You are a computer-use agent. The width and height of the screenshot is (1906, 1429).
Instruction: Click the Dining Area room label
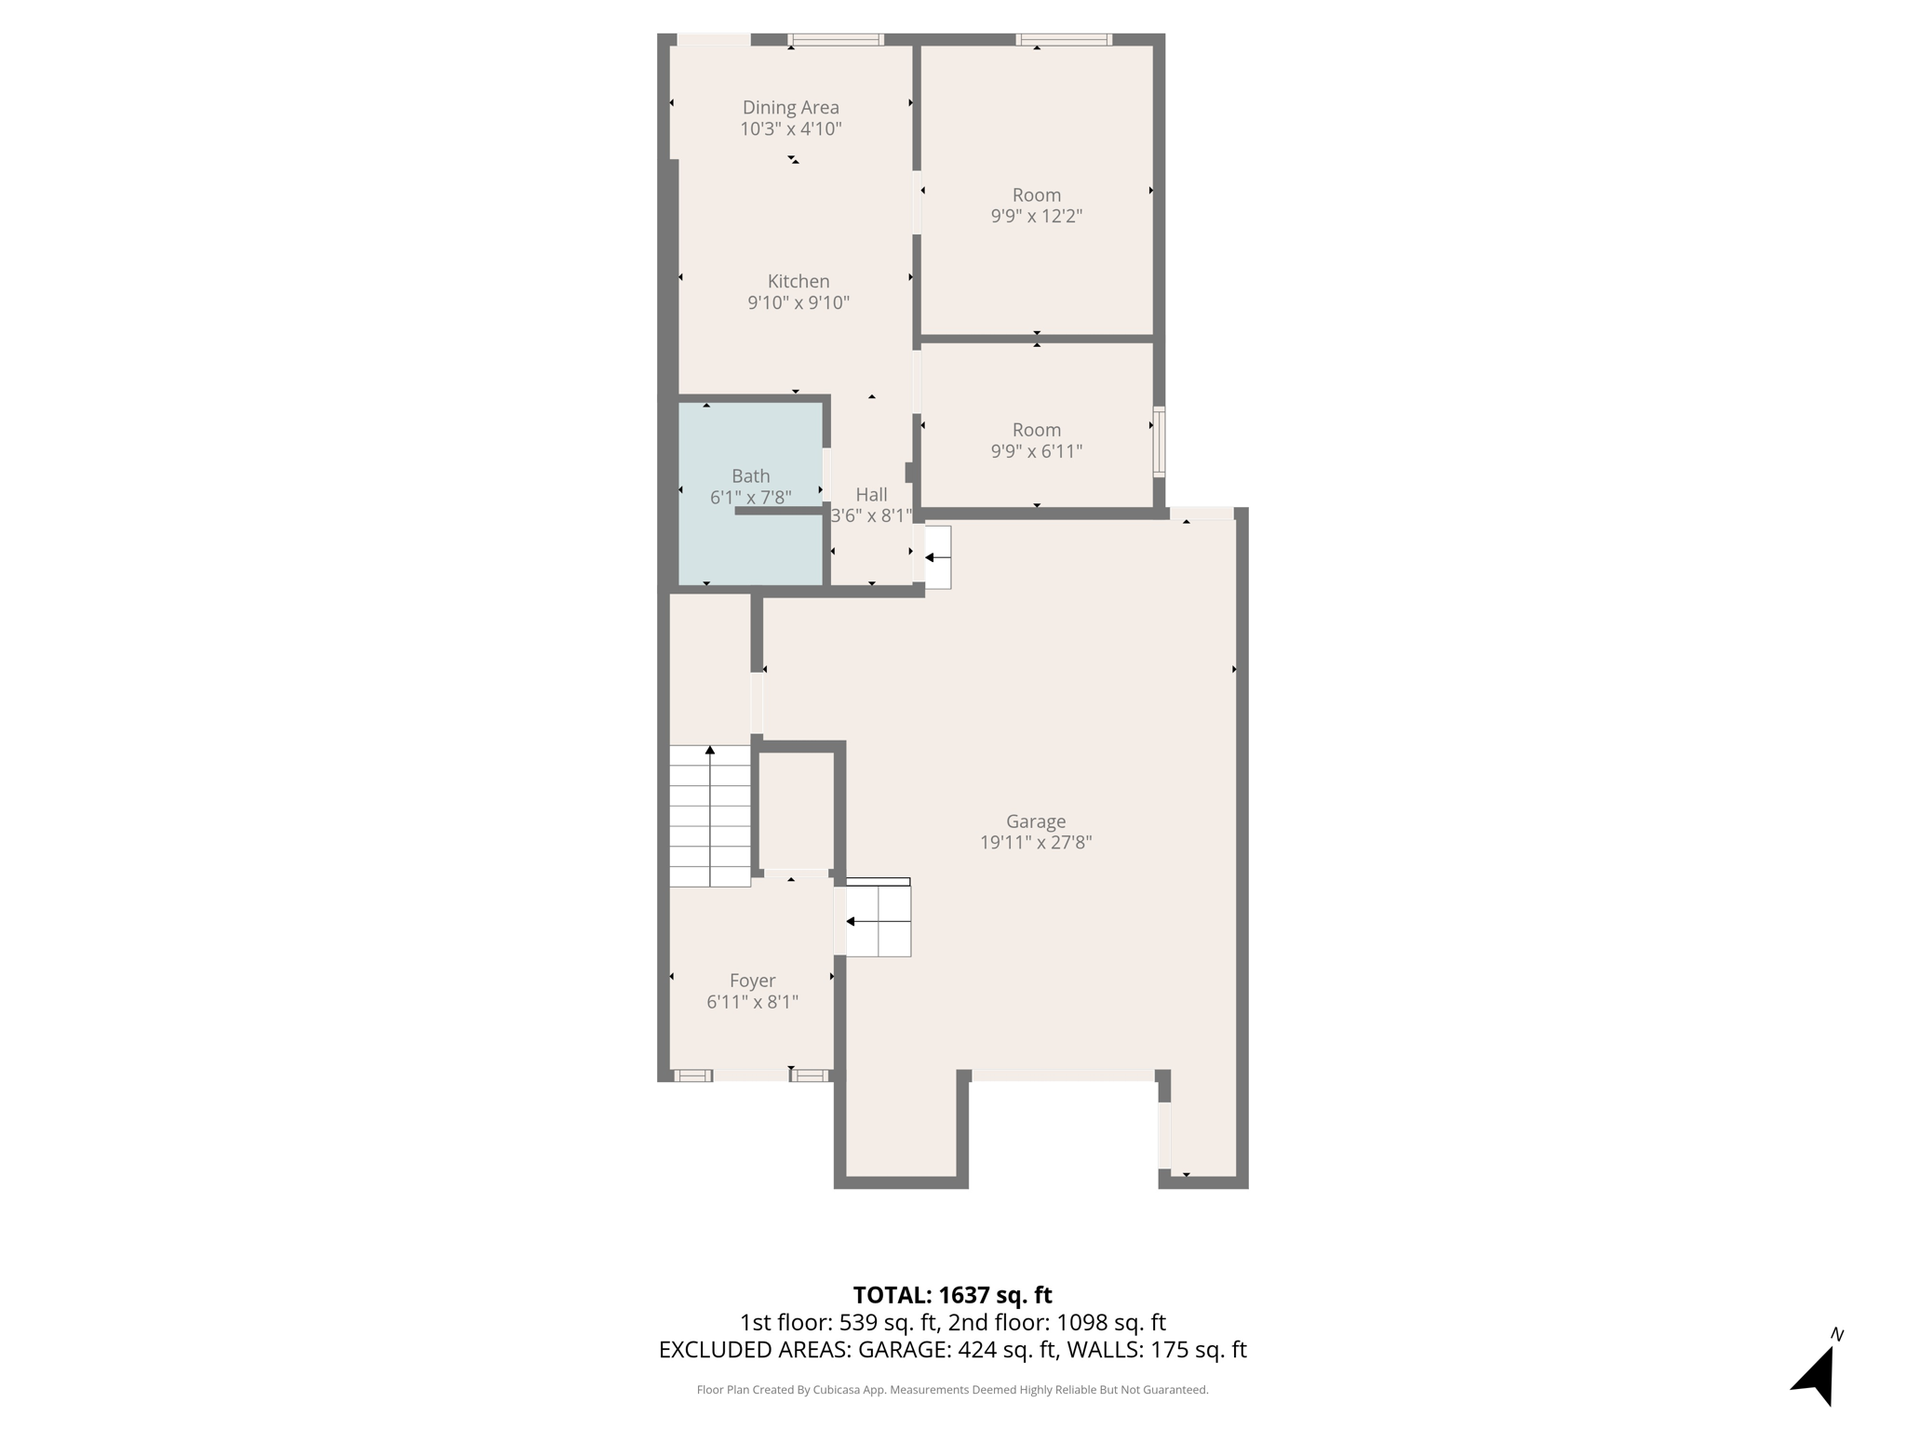click(790, 108)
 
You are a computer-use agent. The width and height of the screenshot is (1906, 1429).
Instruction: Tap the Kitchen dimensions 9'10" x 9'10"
click(799, 303)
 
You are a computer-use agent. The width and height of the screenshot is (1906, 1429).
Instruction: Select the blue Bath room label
click(750, 476)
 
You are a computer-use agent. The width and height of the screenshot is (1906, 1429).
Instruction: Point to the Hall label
click(871, 495)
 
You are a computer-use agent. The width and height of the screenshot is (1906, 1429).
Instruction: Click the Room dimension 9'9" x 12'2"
click(1036, 217)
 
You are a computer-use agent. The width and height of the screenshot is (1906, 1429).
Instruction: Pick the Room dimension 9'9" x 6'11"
click(1036, 452)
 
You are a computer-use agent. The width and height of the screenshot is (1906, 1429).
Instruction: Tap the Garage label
click(1035, 821)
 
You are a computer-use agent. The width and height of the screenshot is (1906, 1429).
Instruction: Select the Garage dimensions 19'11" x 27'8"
click(1035, 843)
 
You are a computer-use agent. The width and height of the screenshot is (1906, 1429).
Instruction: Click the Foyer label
click(752, 981)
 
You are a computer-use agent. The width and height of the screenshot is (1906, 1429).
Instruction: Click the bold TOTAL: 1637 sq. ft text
click(952, 1295)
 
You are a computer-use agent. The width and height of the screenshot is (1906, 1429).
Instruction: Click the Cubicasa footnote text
click(952, 1390)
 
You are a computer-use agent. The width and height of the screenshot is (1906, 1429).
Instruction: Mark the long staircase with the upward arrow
click(710, 816)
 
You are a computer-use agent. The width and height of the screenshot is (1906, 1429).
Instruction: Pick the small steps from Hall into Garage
click(937, 557)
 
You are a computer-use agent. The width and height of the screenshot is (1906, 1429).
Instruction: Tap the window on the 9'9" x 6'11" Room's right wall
click(1159, 442)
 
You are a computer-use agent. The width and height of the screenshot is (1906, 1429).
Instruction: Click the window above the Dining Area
click(836, 40)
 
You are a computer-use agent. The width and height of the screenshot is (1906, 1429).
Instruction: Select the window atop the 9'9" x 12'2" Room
click(1063, 40)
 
